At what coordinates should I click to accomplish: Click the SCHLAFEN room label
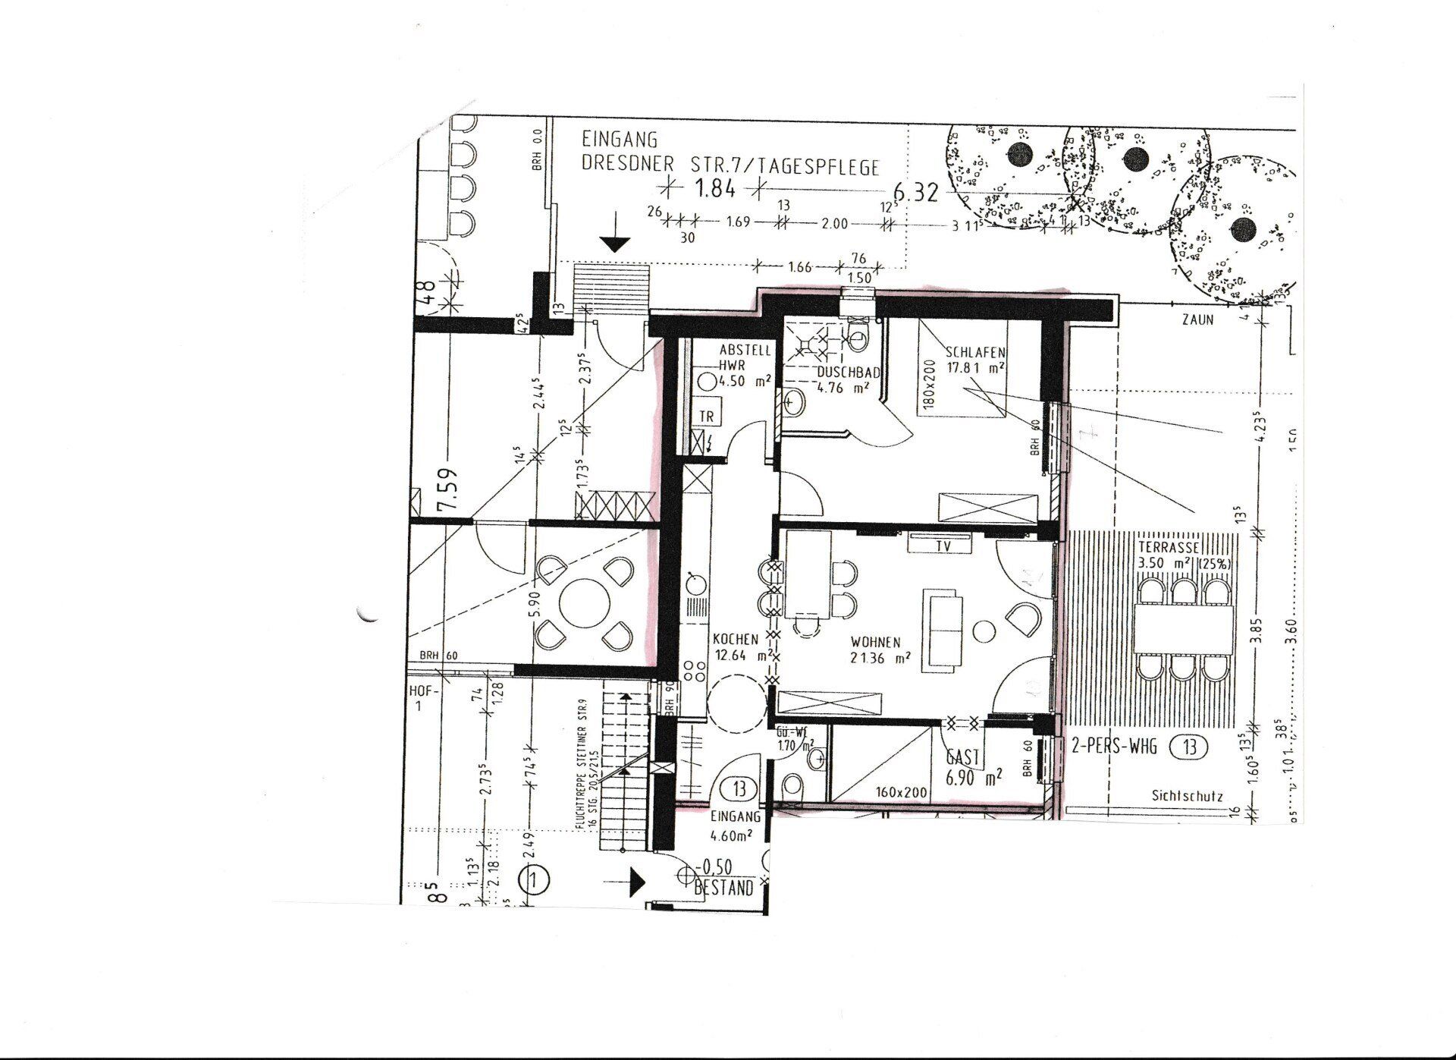(x=976, y=352)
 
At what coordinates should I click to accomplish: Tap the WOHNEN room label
(x=874, y=642)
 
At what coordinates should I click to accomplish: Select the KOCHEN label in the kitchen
(x=735, y=640)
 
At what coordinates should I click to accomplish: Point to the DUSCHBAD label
(x=848, y=373)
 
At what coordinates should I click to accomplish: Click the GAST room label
(x=963, y=756)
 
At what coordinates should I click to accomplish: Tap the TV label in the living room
(x=943, y=545)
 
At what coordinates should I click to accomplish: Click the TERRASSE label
(x=1168, y=547)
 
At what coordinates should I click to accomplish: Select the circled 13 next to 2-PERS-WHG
(x=1188, y=747)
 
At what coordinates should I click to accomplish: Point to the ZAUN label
(x=1197, y=319)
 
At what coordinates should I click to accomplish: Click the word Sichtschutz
(x=1186, y=797)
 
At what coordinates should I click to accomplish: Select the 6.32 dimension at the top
(x=915, y=192)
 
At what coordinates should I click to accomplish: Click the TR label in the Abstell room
(x=707, y=417)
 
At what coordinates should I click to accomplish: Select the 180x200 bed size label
(x=931, y=383)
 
